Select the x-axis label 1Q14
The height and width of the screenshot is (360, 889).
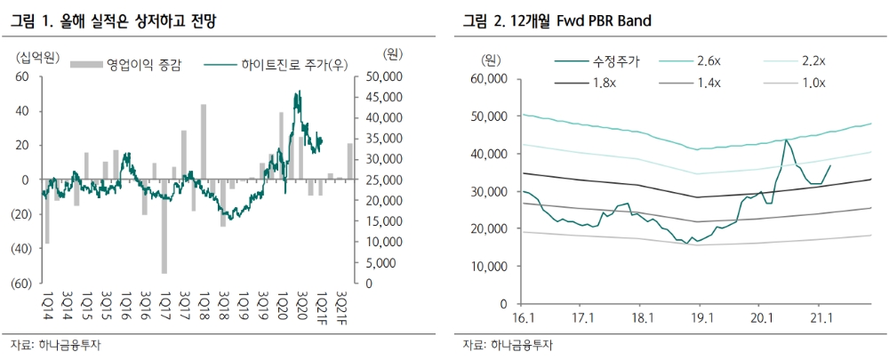click(47, 303)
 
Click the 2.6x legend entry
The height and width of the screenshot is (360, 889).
click(708, 61)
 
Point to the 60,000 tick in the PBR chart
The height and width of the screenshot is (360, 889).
click(485, 78)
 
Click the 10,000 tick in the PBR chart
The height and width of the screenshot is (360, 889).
click(485, 267)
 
